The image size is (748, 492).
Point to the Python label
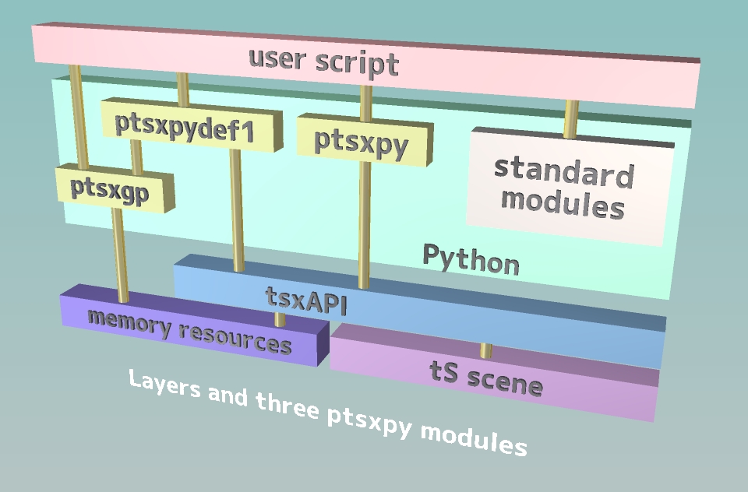(471, 259)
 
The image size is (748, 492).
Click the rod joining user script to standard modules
(571, 119)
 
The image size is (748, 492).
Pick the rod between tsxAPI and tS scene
(486, 350)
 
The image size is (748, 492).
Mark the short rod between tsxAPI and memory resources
(280, 319)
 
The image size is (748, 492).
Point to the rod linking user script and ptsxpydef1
(183, 88)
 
